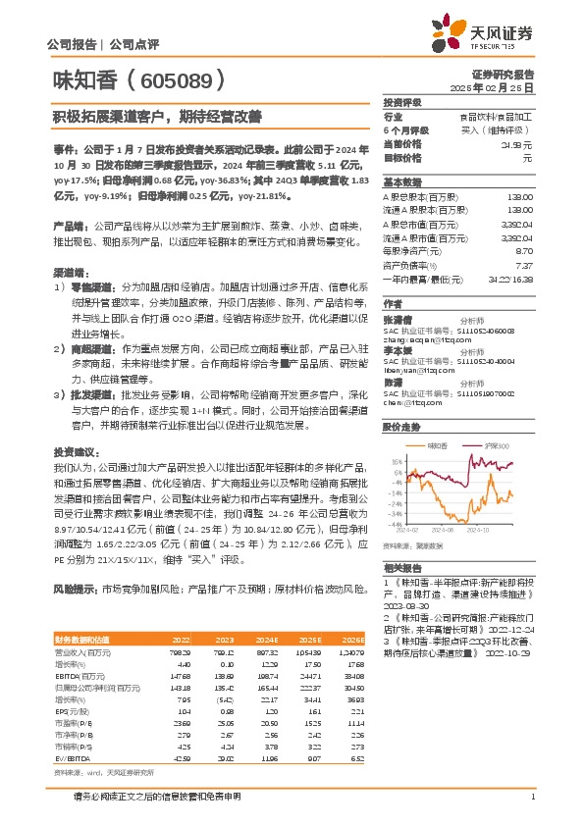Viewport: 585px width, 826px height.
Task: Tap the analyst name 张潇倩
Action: coord(397,318)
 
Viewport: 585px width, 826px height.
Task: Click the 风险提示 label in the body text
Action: coord(74,589)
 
